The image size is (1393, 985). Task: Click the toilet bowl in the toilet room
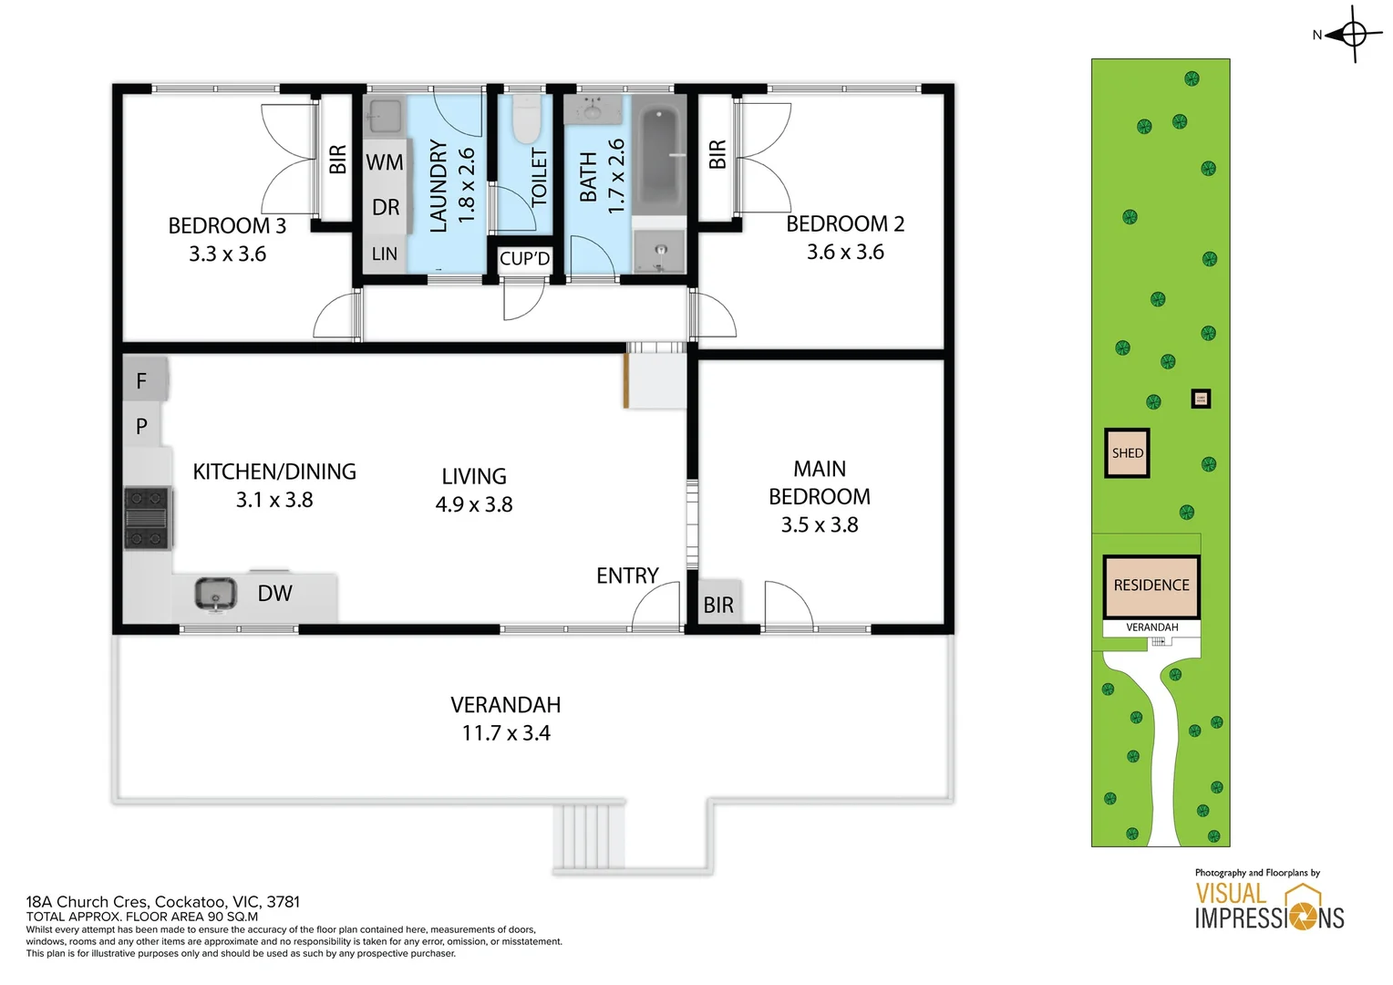click(x=526, y=119)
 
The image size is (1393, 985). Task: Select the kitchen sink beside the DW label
click(x=215, y=594)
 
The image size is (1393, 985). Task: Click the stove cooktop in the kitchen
click(x=148, y=518)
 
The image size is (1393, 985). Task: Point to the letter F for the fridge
click(x=141, y=380)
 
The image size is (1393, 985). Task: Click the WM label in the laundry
click(x=385, y=161)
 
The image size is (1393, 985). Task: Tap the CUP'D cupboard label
click(x=524, y=258)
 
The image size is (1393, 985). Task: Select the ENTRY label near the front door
click(x=627, y=575)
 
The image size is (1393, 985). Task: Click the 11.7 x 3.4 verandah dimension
click(x=506, y=733)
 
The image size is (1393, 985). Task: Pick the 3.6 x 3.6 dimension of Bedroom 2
click(x=845, y=252)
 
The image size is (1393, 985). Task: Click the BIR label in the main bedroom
click(x=718, y=604)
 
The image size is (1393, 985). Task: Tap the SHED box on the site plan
click(x=1127, y=453)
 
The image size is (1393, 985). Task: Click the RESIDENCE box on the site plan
click(x=1151, y=586)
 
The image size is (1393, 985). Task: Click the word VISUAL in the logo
click(x=1231, y=894)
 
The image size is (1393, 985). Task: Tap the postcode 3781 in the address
click(x=283, y=902)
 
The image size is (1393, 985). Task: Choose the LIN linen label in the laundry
click(x=385, y=254)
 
